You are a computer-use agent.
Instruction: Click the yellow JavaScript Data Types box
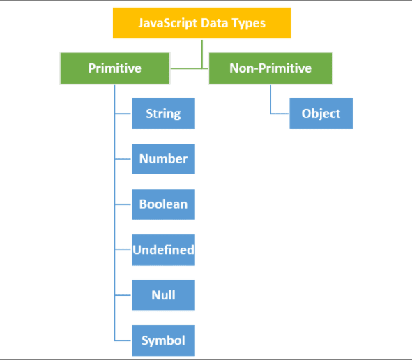click(201, 23)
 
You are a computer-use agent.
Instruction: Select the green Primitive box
click(115, 68)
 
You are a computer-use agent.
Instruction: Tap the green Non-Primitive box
click(270, 68)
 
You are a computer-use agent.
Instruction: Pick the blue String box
click(163, 114)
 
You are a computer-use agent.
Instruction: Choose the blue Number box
click(163, 159)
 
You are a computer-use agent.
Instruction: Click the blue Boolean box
click(163, 204)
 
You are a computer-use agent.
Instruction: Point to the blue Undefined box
click(163, 250)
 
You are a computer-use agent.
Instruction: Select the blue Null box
click(163, 295)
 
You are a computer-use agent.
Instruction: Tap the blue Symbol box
click(163, 340)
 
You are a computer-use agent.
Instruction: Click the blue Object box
click(321, 114)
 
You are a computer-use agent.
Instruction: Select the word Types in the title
click(248, 24)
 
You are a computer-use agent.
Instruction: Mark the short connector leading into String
click(123, 114)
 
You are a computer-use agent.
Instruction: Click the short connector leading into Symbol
click(123, 340)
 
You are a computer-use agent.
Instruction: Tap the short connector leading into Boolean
click(123, 204)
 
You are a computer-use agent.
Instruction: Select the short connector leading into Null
click(123, 295)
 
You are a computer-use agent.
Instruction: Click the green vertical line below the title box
click(201, 54)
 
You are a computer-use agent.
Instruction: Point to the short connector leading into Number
click(123, 159)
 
